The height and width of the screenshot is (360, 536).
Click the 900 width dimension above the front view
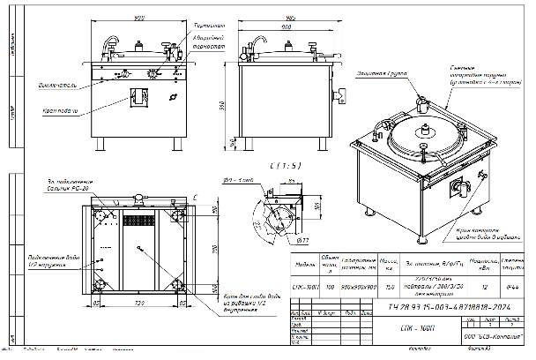[x=139, y=19]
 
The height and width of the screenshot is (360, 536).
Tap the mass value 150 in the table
[x=389, y=288]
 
